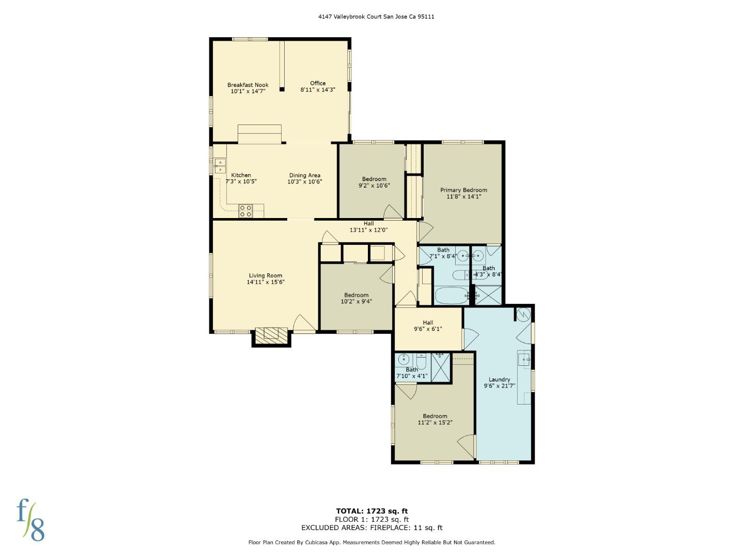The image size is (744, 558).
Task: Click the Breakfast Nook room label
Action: [x=248, y=85]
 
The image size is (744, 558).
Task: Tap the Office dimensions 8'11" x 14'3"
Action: [x=318, y=90]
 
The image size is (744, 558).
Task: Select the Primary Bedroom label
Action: [x=463, y=190]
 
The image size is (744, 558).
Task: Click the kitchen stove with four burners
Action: [x=245, y=210]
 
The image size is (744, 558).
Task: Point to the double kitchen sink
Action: [x=220, y=166]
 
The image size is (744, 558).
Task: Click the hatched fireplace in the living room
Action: [x=271, y=333]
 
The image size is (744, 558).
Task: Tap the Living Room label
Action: [x=266, y=276]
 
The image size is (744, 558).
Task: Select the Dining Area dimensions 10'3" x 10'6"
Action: [x=304, y=181]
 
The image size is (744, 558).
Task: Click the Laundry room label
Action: [x=499, y=379]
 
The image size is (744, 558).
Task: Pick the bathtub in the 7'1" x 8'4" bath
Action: [x=452, y=296]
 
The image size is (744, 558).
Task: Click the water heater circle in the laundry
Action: [x=523, y=314]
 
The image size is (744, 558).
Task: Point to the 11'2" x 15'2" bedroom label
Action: [x=435, y=419]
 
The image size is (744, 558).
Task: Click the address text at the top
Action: [x=376, y=17]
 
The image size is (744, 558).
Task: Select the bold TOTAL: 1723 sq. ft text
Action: [x=372, y=511]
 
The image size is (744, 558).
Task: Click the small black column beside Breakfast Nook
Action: [x=282, y=89]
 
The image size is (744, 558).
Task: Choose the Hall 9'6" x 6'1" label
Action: [x=428, y=326]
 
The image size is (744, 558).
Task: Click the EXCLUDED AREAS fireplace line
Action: [x=372, y=528]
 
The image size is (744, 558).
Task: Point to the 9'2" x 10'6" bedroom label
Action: [x=374, y=182]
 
